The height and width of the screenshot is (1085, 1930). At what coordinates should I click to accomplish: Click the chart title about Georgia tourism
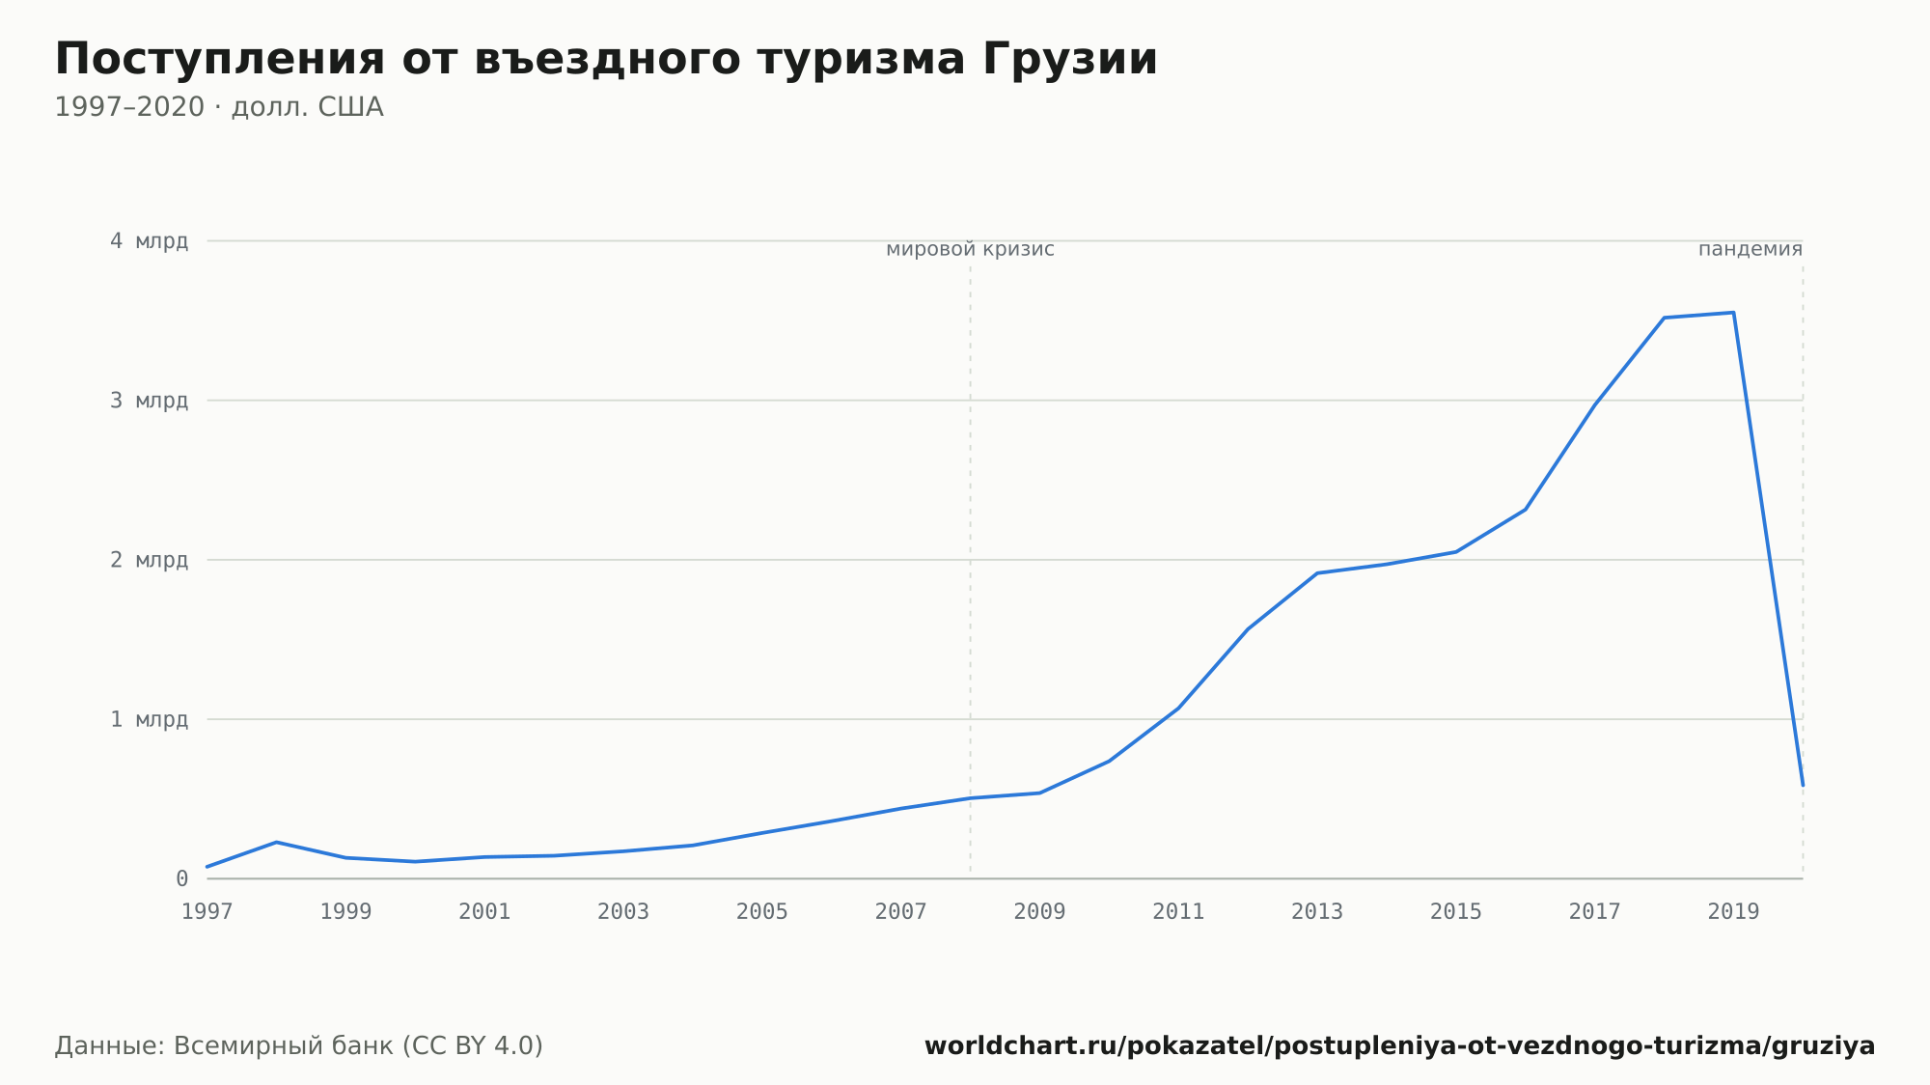(x=606, y=60)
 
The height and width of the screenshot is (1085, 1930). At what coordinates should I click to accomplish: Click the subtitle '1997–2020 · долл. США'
(x=219, y=107)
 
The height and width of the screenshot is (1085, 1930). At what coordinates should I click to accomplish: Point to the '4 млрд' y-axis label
(x=149, y=241)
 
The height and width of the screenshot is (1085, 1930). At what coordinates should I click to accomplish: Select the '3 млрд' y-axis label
(x=149, y=401)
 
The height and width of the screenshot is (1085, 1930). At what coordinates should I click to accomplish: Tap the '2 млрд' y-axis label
(x=149, y=560)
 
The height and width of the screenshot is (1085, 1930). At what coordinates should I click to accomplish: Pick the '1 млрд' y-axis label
(x=149, y=719)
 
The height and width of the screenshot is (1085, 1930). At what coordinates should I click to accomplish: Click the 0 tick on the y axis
(x=181, y=879)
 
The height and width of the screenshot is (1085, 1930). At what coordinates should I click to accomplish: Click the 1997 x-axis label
(x=207, y=912)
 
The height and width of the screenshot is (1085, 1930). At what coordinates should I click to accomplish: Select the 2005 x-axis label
(x=762, y=912)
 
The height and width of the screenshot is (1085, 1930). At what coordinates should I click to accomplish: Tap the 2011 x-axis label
(x=1178, y=912)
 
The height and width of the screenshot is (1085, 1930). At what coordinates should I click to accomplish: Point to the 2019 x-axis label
(x=1733, y=912)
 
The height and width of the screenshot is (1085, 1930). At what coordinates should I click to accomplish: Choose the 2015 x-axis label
(x=1456, y=912)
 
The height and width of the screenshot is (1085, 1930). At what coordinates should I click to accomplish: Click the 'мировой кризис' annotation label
(x=970, y=250)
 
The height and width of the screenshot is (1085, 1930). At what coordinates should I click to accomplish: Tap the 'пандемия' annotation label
(x=1751, y=250)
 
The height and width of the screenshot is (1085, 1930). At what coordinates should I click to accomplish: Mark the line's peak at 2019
(x=1733, y=313)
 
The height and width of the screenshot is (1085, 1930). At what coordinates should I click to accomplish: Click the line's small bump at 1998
(x=277, y=843)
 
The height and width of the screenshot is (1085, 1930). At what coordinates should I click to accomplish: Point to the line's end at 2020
(x=1802, y=785)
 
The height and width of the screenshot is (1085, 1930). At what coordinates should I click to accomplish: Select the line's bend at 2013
(x=1317, y=573)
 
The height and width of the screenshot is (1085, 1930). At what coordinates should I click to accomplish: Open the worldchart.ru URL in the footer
(x=1399, y=1046)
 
